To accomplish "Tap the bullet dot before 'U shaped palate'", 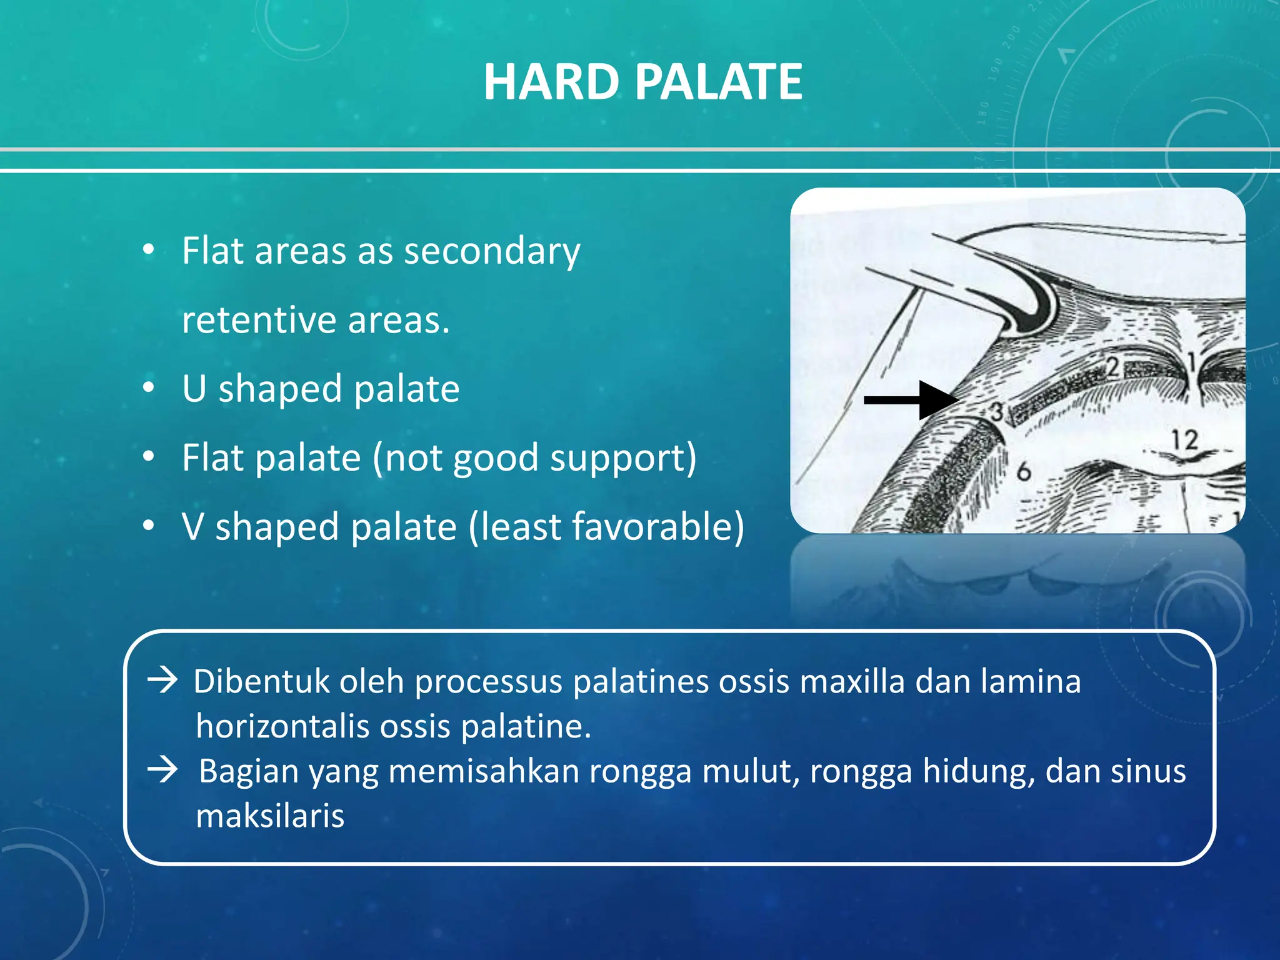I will click(x=148, y=388).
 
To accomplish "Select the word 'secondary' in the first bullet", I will click(x=492, y=252).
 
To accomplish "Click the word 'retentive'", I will click(x=259, y=321).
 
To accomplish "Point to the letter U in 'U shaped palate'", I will click(x=194, y=389).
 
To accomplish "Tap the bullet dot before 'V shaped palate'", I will click(x=148, y=526).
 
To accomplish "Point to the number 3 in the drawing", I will click(x=997, y=411).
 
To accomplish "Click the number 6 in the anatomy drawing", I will click(x=1023, y=471).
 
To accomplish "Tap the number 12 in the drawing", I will click(x=1184, y=440).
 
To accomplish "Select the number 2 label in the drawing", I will click(x=1113, y=367).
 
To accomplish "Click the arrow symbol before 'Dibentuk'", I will click(x=163, y=680).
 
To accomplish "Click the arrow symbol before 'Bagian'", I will click(x=163, y=769).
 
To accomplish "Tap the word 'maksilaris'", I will click(x=270, y=816).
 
